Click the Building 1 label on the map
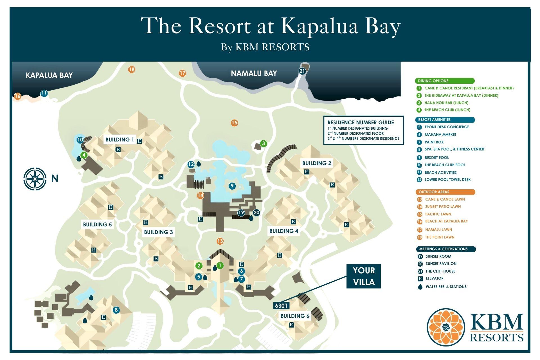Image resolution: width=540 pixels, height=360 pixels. (120, 139)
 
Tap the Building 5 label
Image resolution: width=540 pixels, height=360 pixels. (97, 224)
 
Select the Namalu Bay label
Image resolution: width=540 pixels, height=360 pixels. (254, 73)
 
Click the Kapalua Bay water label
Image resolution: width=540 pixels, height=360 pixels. (49, 75)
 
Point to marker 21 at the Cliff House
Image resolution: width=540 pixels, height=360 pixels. (302, 71)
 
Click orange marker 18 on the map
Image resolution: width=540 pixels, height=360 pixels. (132, 69)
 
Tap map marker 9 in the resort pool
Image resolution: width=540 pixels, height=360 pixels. (232, 186)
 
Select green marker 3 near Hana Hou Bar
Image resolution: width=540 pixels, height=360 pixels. (263, 144)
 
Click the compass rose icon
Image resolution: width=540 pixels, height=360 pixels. (35, 179)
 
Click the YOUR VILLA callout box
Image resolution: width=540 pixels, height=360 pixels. (364, 276)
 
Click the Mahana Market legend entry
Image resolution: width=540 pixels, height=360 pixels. (440, 135)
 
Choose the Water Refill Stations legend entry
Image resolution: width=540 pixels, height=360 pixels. (446, 287)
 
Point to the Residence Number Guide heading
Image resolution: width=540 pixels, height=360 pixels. (361, 122)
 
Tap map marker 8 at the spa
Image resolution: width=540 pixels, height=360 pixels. (116, 310)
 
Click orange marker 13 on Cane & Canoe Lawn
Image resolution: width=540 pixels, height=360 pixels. (220, 241)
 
